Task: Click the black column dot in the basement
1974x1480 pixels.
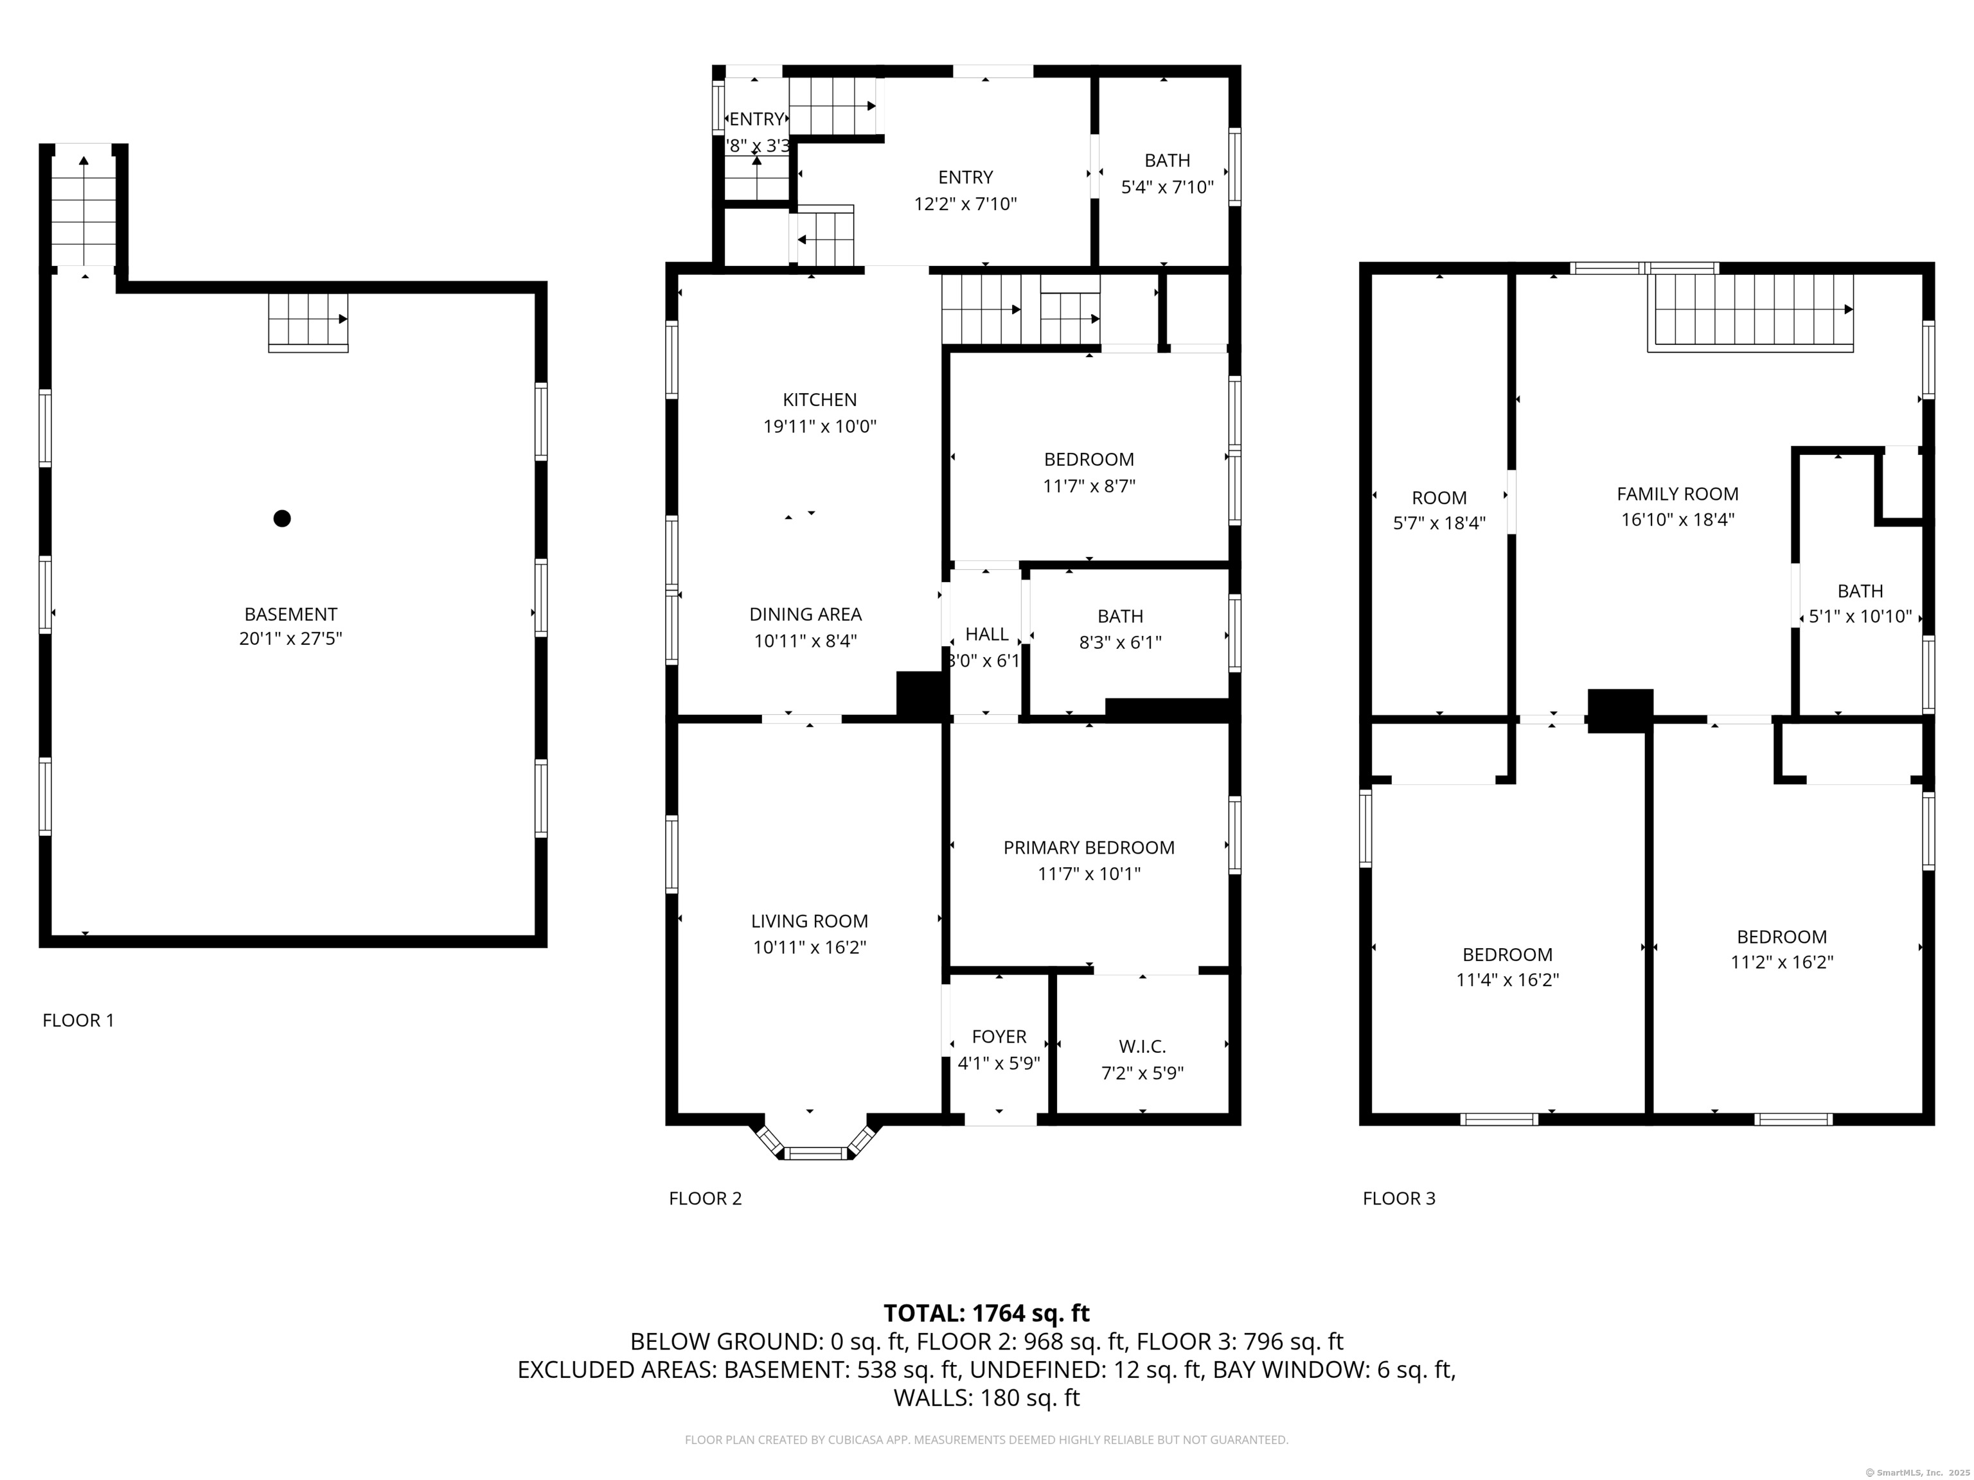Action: [282, 518]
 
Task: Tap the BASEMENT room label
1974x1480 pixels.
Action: [291, 613]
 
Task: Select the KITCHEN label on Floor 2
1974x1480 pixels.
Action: [819, 400]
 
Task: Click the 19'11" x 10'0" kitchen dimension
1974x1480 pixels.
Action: [819, 427]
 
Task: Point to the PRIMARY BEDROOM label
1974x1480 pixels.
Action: [1089, 847]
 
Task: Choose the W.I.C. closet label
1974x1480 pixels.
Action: [1143, 1046]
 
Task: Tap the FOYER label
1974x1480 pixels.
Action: [999, 1037]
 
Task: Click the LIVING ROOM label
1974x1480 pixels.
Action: [810, 921]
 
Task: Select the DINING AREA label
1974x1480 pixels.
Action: [805, 613]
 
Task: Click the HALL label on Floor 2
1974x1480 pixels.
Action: [987, 634]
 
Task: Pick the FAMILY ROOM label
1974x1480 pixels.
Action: [1678, 493]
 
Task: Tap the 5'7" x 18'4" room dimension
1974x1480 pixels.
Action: [1439, 523]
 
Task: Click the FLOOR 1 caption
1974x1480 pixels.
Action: [78, 1019]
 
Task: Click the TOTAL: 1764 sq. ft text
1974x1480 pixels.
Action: [986, 1313]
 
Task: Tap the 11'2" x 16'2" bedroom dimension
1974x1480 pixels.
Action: [1781, 962]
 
